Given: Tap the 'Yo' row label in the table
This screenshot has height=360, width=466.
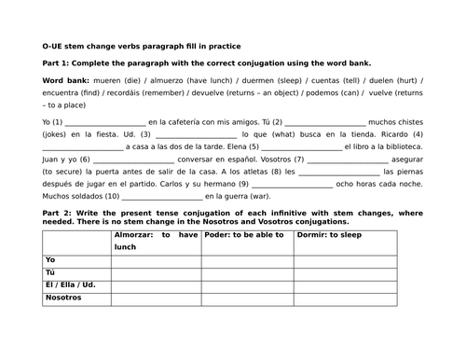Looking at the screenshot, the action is pos(50,259).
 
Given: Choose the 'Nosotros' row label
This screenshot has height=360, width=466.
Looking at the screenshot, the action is pos(63,298).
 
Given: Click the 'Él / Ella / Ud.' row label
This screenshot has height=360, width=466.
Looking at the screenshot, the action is pos(71,284).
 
